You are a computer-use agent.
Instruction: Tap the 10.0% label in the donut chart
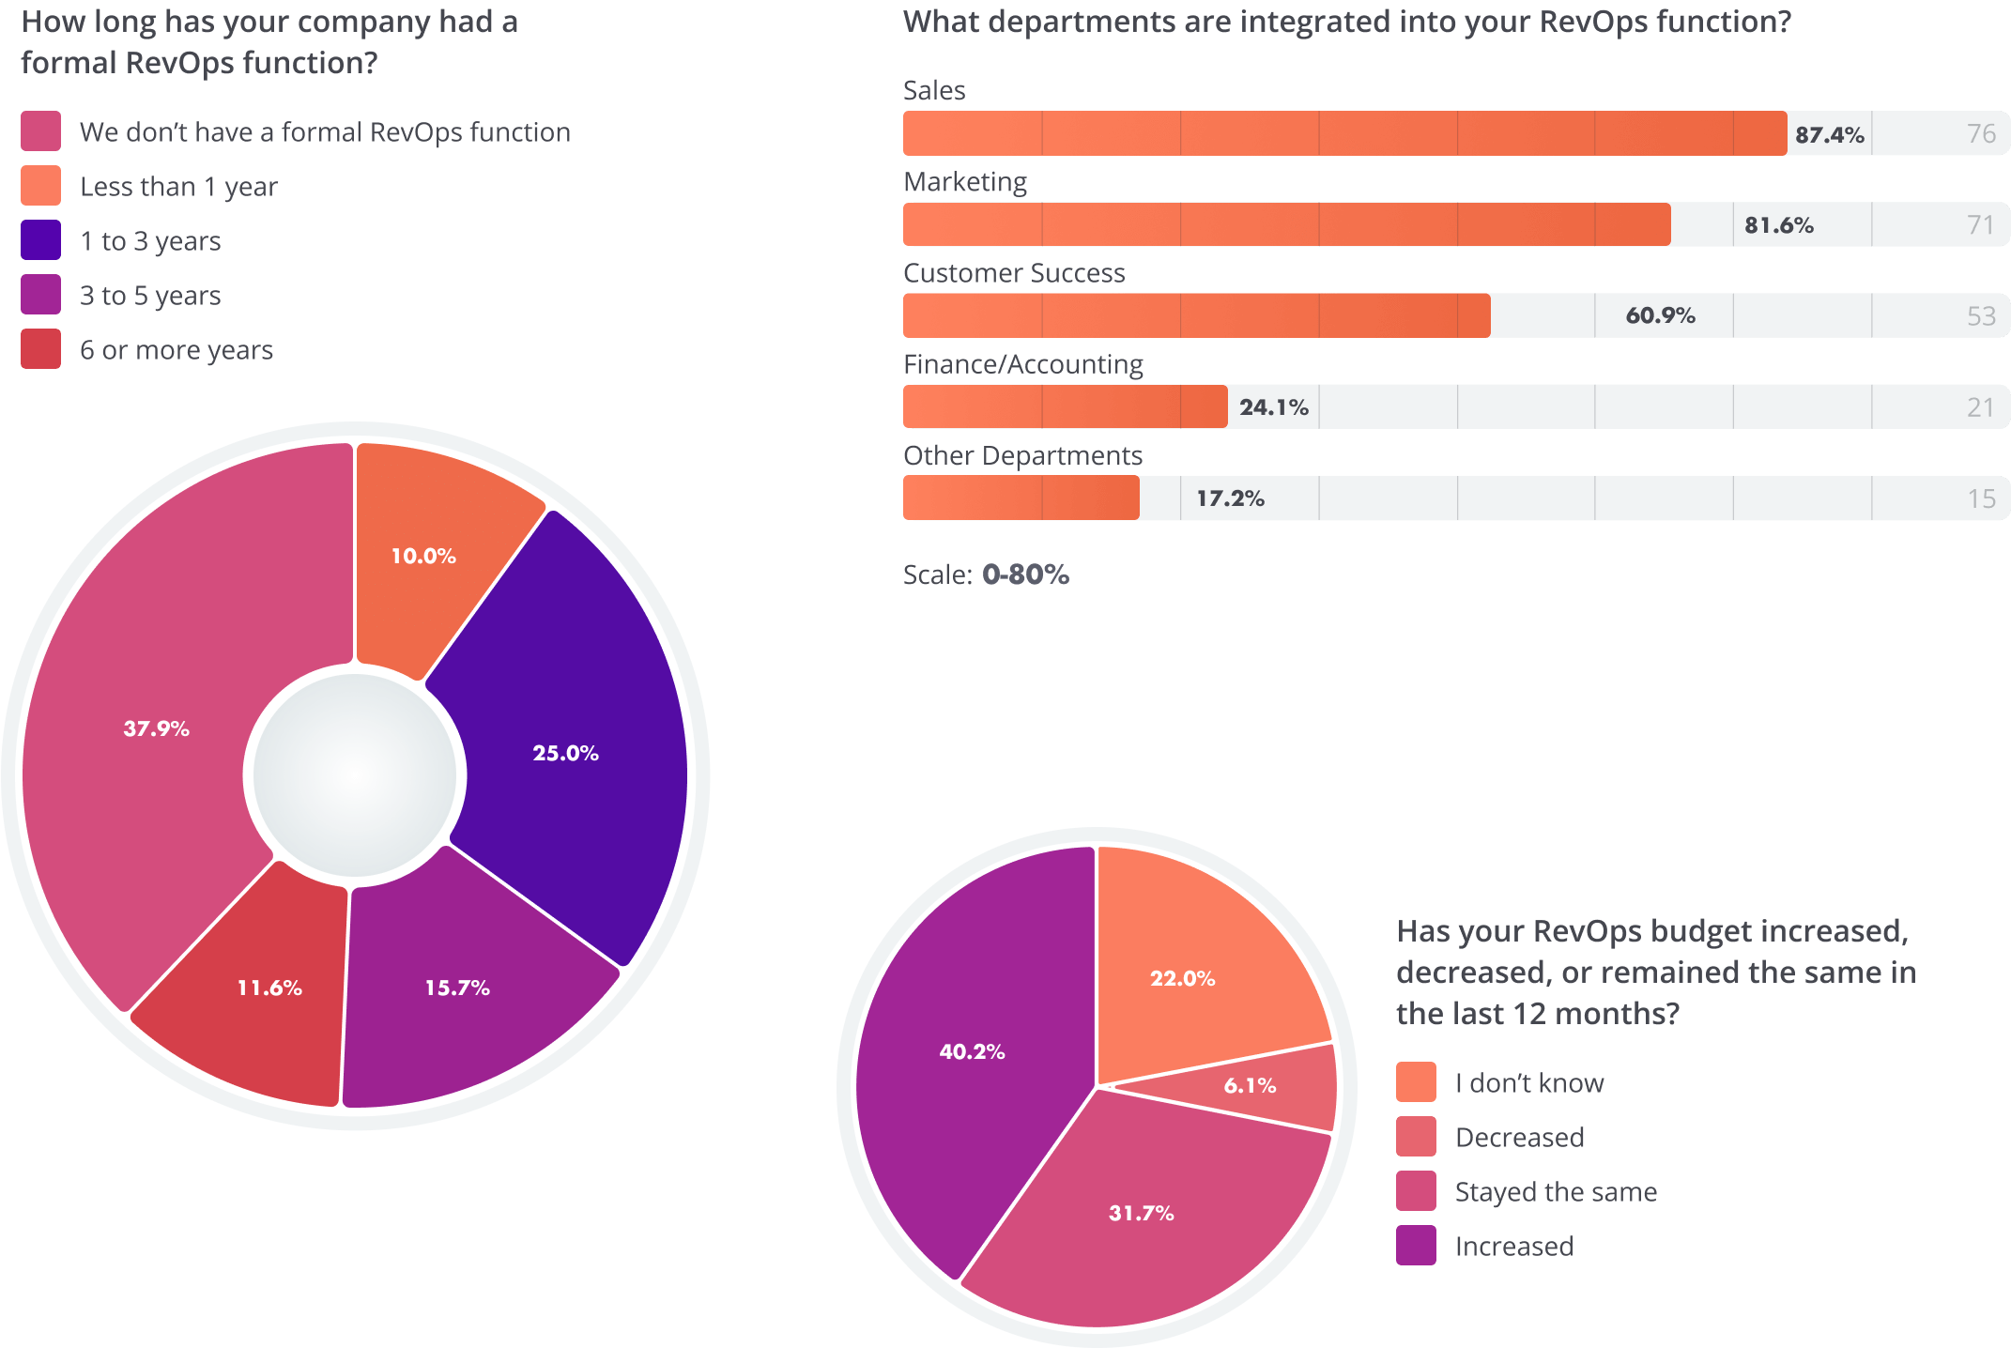coord(423,556)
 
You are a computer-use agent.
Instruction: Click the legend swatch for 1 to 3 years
coord(41,240)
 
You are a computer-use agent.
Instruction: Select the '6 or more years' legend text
coord(177,350)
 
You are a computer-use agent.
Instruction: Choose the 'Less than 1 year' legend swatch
coord(41,186)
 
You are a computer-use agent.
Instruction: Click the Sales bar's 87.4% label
coord(1829,134)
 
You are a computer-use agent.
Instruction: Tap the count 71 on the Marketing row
coord(1980,224)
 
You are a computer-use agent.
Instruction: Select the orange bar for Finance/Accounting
coord(1065,406)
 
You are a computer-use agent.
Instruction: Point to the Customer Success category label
coord(1014,273)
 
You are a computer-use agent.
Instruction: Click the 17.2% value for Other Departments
coord(1230,498)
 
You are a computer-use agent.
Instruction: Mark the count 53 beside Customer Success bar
coord(1981,315)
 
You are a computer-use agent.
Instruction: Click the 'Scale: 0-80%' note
coord(986,574)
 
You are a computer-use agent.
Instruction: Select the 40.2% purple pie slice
coord(972,1051)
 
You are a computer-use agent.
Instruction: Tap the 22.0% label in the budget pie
coord(1182,978)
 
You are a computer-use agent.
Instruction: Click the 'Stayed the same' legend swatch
coord(1416,1191)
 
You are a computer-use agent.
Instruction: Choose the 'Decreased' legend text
coord(1519,1138)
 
